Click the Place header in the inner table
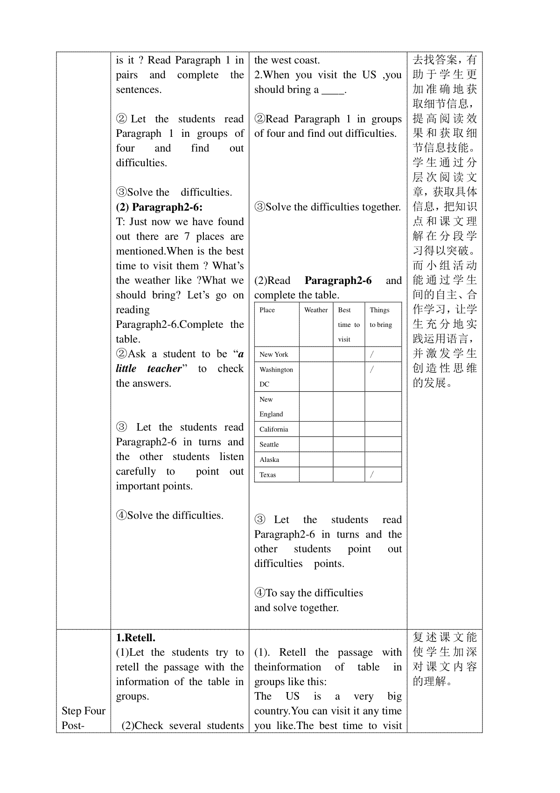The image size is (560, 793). coord(267,310)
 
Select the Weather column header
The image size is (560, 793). coord(316,310)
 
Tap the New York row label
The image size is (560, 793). coord(274,354)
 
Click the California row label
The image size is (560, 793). coord(274,430)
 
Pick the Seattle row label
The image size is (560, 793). coord(269,445)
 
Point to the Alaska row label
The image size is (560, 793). coord(269,460)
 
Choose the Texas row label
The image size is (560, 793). coord(268,475)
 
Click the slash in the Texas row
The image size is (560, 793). coord(372,474)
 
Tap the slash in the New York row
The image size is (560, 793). coord(372,354)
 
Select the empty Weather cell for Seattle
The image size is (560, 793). coord(316,445)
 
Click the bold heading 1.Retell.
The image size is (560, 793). coord(136,637)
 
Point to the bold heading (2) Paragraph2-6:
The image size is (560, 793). coord(159,207)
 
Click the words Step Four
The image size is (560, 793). coord(84,711)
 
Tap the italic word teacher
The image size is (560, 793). coord(164,368)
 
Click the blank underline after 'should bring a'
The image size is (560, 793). coord(332,90)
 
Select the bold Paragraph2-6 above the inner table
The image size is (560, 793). coord(338,280)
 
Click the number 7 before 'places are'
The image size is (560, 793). coord(187,236)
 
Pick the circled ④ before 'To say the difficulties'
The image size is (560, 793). coord(260,593)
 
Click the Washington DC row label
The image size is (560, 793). coord(276,377)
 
